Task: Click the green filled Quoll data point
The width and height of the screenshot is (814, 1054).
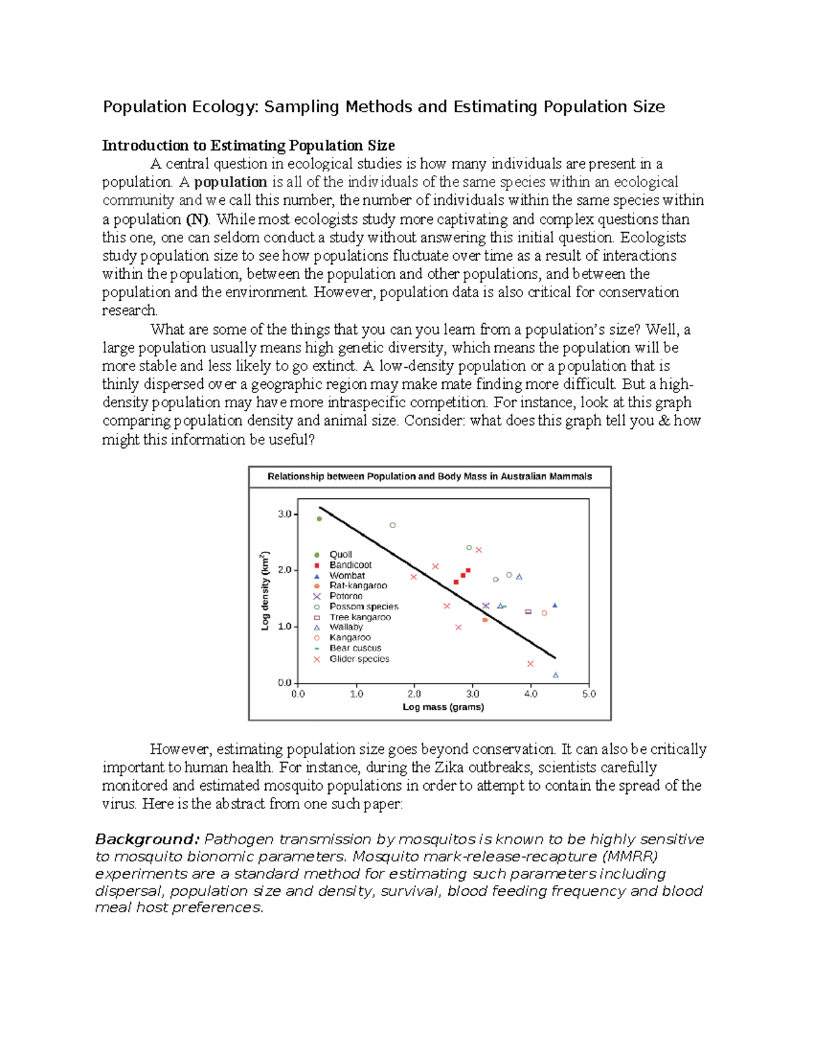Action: tap(319, 519)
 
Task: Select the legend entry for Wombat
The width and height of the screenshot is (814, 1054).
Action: tap(347, 576)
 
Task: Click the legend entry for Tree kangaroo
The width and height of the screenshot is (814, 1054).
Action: tap(360, 617)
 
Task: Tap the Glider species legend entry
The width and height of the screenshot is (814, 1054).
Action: tap(359, 659)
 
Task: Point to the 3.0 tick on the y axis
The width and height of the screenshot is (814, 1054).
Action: tap(285, 514)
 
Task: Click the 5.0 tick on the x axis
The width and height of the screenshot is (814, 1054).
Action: tap(588, 694)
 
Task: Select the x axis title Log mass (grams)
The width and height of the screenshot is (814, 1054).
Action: tap(443, 707)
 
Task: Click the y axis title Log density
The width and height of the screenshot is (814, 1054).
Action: tap(265, 590)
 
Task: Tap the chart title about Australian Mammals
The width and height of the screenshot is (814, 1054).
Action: tap(429, 476)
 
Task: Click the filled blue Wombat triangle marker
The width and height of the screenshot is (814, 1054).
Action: tap(555, 605)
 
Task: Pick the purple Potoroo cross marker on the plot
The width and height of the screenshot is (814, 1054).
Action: tap(486, 606)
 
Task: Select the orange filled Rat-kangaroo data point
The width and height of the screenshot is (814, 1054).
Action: tap(485, 620)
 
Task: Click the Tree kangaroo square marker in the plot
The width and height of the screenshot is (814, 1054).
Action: tap(528, 612)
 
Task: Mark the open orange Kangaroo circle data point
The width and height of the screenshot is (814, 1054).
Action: tap(544, 614)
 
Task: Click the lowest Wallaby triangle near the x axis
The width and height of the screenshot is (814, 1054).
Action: tap(556, 675)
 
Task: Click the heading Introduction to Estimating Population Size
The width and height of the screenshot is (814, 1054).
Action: tap(248, 145)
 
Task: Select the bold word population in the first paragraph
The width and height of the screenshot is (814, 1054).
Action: tap(230, 182)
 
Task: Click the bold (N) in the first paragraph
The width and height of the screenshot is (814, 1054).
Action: tap(197, 219)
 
